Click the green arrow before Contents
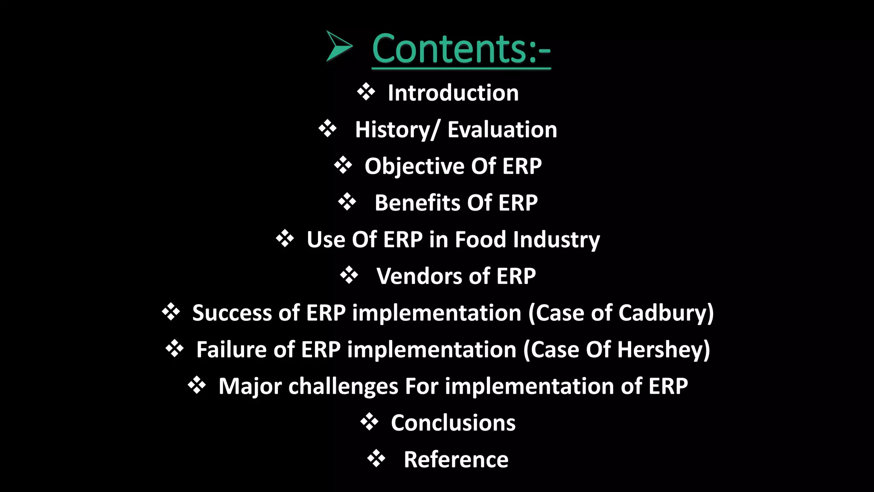click(338, 46)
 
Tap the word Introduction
click(453, 93)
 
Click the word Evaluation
click(502, 130)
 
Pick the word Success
click(232, 313)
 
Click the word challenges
click(343, 387)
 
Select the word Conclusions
click(453, 423)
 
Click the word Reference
click(456, 460)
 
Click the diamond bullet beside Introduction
click(366, 92)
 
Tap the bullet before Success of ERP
click(171, 312)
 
